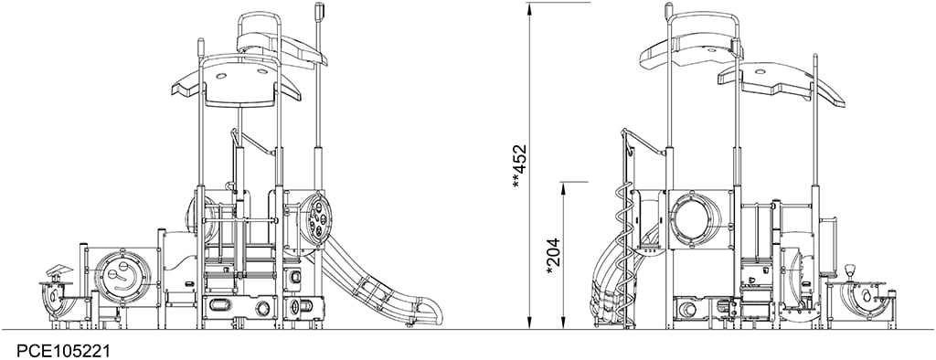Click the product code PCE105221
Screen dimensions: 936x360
55,350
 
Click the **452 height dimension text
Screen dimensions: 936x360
520,166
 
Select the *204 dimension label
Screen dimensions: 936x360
554,256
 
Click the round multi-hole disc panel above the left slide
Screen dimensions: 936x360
317,219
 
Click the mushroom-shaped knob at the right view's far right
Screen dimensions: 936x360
851,271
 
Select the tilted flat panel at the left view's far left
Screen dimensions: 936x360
59,270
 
